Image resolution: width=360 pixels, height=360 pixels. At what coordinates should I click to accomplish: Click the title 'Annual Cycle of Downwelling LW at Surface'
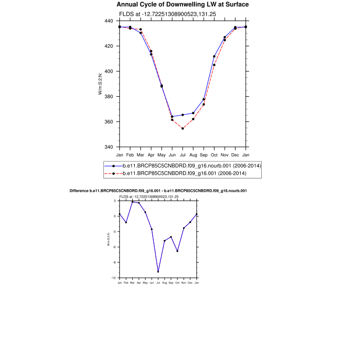pyautogui.click(x=183, y=5)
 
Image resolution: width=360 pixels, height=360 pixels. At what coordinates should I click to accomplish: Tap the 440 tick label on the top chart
pyautogui.click(x=109, y=21)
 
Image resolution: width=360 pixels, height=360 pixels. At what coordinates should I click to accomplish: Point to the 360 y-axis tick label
pyautogui.click(x=109, y=122)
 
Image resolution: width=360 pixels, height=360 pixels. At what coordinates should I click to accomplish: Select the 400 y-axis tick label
pyautogui.click(x=109, y=71)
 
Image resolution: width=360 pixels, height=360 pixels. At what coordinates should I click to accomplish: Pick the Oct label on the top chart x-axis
pyautogui.click(x=214, y=155)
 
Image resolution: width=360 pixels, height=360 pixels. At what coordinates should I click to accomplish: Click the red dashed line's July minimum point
pyautogui.click(x=183, y=129)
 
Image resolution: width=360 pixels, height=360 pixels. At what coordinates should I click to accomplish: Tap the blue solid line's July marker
pyautogui.click(x=183, y=115)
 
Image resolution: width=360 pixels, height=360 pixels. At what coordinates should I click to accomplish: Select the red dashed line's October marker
pyautogui.click(x=214, y=65)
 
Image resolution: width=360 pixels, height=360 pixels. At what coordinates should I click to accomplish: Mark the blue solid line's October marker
pyautogui.click(x=214, y=57)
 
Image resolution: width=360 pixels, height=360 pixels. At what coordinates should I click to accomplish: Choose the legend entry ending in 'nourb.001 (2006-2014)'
pyautogui.click(x=192, y=166)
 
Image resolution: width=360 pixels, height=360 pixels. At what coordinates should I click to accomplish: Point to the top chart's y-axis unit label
pyautogui.click(x=101, y=84)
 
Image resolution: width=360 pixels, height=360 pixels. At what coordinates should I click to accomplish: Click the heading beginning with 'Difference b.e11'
pyautogui.click(x=158, y=191)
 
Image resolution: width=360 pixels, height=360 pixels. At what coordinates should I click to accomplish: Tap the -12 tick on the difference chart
pyautogui.click(x=115, y=278)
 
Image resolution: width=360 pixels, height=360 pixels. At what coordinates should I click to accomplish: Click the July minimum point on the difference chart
pyautogui.click(x=158, y=272)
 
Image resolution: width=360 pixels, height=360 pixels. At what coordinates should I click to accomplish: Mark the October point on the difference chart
pyautogui.click(x=177, y=251)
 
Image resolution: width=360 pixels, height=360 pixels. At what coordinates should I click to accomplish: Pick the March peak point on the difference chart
pyautogui.click(x=132, y=202)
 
